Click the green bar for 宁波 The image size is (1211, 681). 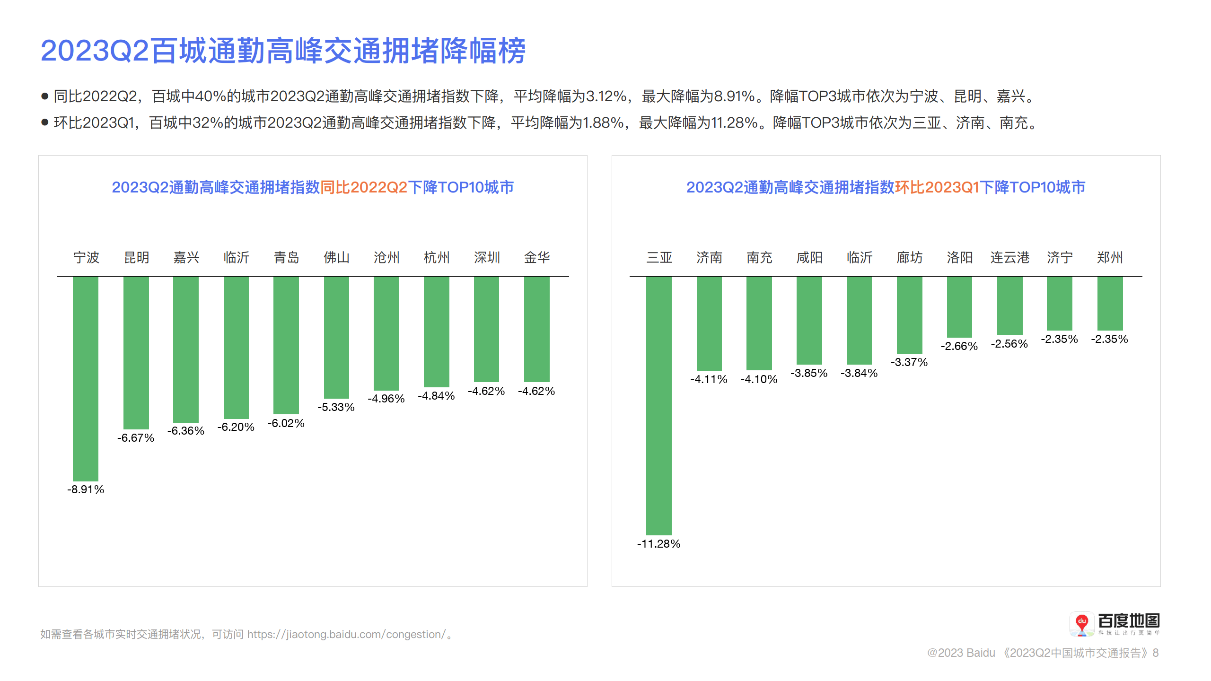86,378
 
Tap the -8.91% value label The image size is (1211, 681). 86,489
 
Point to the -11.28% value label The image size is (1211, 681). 658,544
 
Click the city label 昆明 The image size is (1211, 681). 136,258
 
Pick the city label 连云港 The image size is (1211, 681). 1009,258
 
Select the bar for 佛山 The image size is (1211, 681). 336,337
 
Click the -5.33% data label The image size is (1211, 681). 336,407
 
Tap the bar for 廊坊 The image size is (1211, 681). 909,315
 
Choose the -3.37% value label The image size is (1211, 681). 909,362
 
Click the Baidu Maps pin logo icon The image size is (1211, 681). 1081,624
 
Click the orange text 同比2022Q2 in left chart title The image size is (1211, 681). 364,187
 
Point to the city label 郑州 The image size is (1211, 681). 1109,258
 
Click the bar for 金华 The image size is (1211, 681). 536,329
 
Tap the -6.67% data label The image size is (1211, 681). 136,438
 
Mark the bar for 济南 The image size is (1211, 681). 709,323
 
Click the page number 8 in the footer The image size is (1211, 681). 1156,653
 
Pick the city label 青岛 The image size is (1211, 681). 286,258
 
